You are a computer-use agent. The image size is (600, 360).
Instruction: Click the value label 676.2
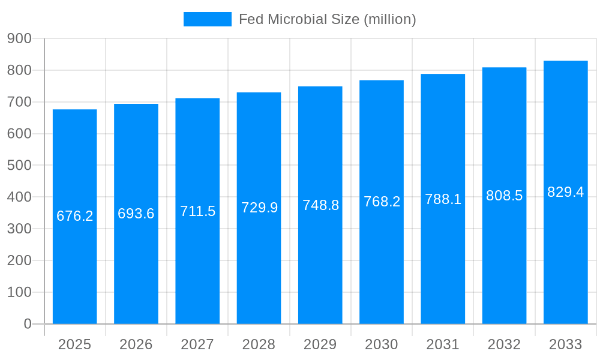[75, 216]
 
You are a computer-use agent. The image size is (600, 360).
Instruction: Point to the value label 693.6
[136, 214]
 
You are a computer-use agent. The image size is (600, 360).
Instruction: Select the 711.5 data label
[197, 211]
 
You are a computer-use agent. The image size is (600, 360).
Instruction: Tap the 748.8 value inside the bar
[320, 205]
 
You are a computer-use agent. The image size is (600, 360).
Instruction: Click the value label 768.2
[382, 202]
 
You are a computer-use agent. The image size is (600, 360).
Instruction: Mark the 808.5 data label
[504, 196]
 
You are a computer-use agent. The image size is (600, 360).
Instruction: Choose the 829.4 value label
[565, 192]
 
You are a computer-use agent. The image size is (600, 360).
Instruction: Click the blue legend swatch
[207, 19]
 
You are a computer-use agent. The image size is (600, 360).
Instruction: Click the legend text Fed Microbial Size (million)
[327, 19]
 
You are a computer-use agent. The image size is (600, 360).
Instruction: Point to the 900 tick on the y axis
[19, 38]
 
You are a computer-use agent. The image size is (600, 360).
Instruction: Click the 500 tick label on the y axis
[19, 166]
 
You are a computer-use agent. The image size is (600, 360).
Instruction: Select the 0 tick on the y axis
[27, 324]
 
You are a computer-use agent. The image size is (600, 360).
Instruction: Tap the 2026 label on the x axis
[136, 344]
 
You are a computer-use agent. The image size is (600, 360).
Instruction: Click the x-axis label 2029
[320, 344]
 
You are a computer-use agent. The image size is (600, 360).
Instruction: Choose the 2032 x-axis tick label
[504, 344]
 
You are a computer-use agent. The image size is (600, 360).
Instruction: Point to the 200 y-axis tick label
[19, 260]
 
